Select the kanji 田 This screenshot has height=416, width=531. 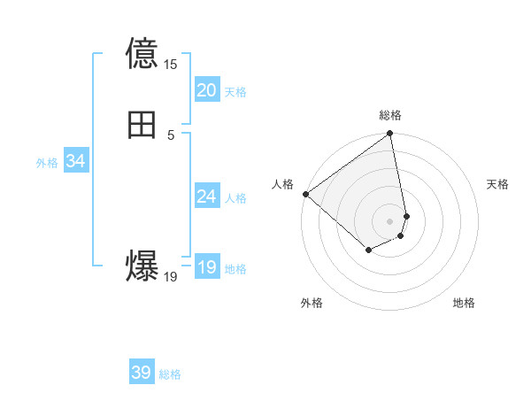click(x=142, y=125)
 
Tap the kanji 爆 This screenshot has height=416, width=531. click(x=142, y=266)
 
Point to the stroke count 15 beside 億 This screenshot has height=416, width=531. click(x=171, y=65)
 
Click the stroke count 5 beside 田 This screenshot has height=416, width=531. click(x=171, y=135)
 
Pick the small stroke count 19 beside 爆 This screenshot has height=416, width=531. click(x=171, y=277)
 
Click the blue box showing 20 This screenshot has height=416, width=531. click(x=206, y=90)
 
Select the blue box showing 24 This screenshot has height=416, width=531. click(x=206, y=196)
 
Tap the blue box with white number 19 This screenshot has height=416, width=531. click(x=206, y=267)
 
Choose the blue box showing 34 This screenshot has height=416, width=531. click(x=75, y=161)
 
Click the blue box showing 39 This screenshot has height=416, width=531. click(x=141, y=373)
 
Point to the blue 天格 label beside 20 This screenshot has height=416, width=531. click(x=235, y=92)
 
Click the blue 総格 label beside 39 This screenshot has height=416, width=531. click(x=170, y=374)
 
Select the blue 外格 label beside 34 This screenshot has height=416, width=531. click(x=47, y=163)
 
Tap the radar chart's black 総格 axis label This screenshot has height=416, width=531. click(x=390, y=115)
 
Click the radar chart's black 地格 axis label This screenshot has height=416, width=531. click(x=464, y=303)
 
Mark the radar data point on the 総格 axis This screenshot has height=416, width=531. click(x=389, y=135)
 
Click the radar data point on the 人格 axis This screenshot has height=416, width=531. click(x=305, y=194)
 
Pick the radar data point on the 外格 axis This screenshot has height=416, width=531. click(x=368, y=250)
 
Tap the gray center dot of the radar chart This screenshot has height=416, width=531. click(x=389, y=220)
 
